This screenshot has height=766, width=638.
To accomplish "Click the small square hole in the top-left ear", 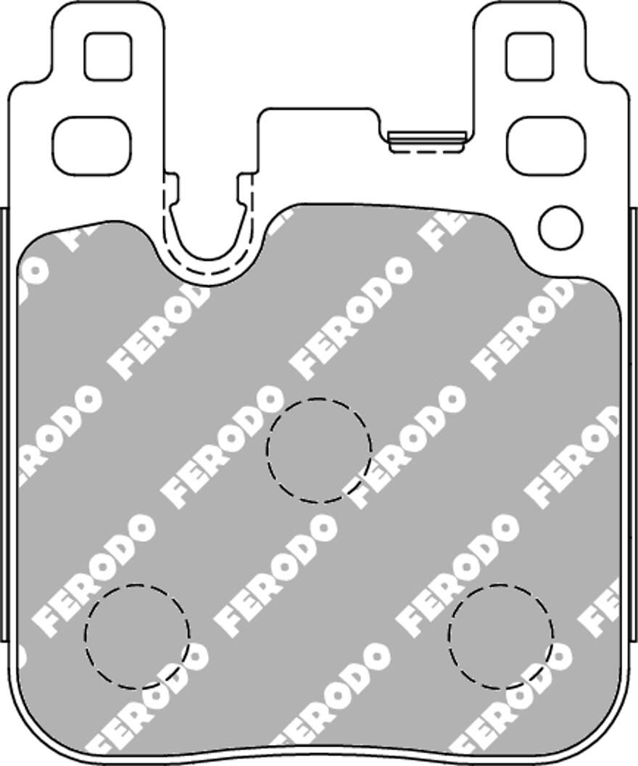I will tap(108, 57).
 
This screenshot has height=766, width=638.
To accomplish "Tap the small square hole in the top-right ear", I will tap(529, 57).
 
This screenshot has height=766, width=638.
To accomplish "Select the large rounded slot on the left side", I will tap(91, 146).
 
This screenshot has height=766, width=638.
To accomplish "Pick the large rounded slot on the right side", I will tap(545, 146).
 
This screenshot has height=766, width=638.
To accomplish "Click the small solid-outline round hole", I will tap(560, 226).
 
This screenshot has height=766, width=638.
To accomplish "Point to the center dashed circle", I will tap(319, 450).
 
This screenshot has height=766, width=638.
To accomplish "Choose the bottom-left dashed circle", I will tap(137, 636).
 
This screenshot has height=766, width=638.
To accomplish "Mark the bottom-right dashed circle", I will tap(500, 636).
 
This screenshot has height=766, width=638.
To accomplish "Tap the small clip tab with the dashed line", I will tap(426, 143).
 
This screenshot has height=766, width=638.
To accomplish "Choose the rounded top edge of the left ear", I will tap(108, 6).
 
